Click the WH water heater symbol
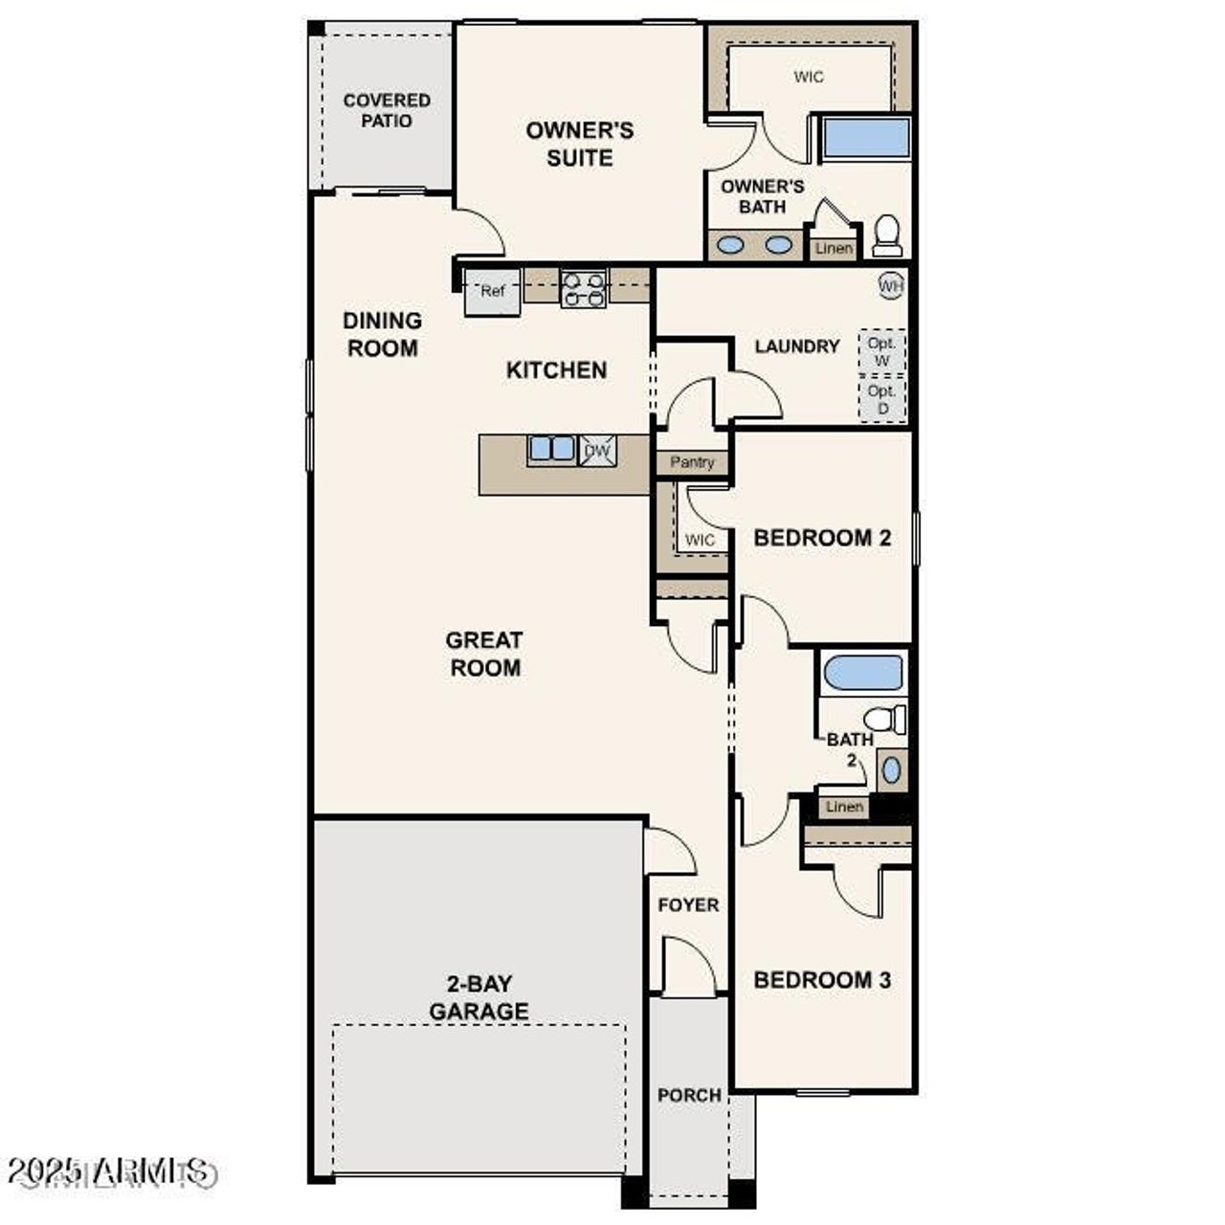[891, 285]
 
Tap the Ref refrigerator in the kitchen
[492, 292]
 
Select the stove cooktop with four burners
[584, 289]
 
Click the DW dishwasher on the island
[598, 451]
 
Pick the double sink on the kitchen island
[551, 449]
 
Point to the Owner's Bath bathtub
[866, 139]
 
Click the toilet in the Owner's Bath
[887, 235]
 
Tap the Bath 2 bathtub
[862, 673]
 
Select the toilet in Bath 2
[883, 719]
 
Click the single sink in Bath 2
[891, 770]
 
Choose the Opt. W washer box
[881, 351]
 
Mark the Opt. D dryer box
[881, 399]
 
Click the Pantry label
[692, 462]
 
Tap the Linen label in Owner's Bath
[834, 249]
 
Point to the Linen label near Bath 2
[844, 807]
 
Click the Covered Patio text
[387, 110]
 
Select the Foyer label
[688, 904]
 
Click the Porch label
[689, 1095]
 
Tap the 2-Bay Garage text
[479, 997]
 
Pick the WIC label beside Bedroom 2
[700, 540]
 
